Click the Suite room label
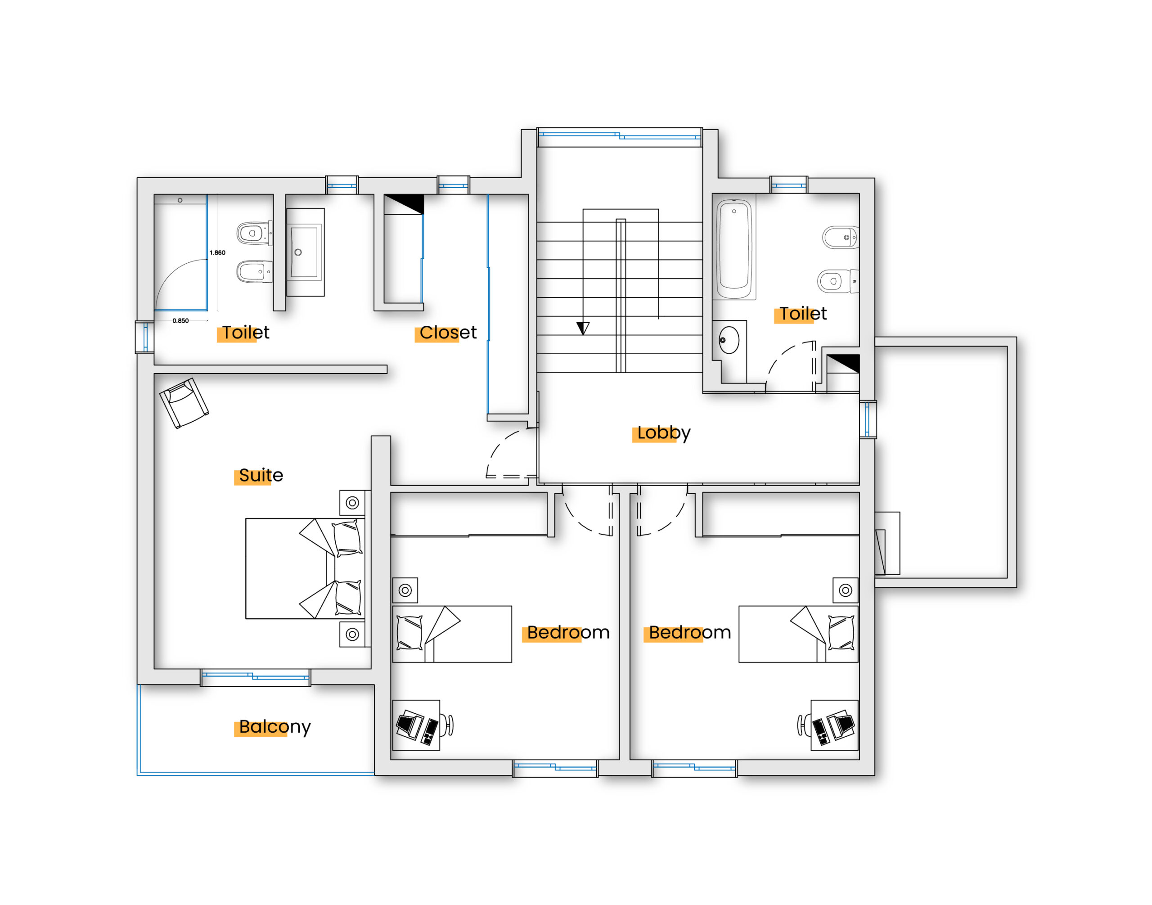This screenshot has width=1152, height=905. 261,475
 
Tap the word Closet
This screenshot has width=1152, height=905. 448,333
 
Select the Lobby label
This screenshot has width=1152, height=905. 663,433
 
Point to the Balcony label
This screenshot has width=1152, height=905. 274,727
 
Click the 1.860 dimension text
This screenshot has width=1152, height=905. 217,253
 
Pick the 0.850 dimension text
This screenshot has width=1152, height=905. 180,320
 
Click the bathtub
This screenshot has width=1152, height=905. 734,249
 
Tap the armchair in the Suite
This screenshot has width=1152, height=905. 184,403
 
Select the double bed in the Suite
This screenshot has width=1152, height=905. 305,568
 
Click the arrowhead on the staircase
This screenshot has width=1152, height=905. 583,328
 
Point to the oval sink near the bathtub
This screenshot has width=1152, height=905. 729,340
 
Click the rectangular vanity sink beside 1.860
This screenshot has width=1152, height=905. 305,252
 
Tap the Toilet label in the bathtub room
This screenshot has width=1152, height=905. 802,314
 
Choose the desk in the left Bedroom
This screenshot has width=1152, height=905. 416,725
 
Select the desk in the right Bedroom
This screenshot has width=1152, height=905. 835,725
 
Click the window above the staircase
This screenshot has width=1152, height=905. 620,137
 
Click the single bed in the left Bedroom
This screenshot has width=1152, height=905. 452,634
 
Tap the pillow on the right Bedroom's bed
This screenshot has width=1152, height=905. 841,633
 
